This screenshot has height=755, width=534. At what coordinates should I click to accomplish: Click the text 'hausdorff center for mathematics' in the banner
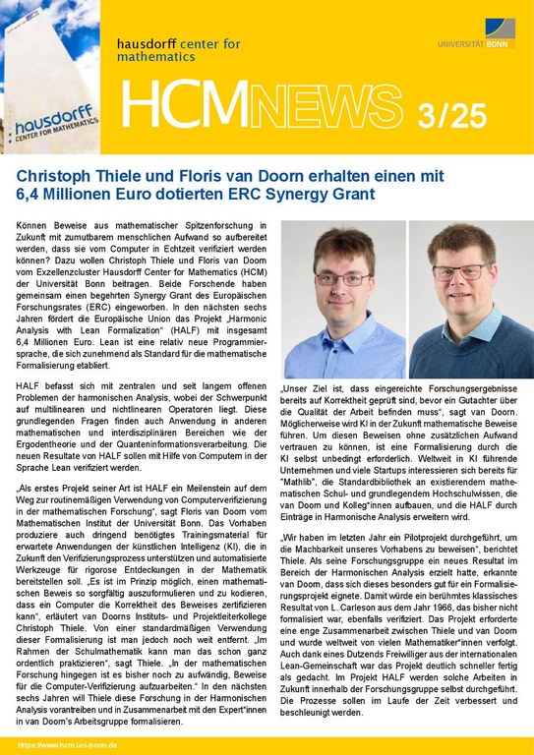(x=177, y=50)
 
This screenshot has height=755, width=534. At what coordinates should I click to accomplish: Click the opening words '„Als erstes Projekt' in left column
(x=59, y=489)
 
